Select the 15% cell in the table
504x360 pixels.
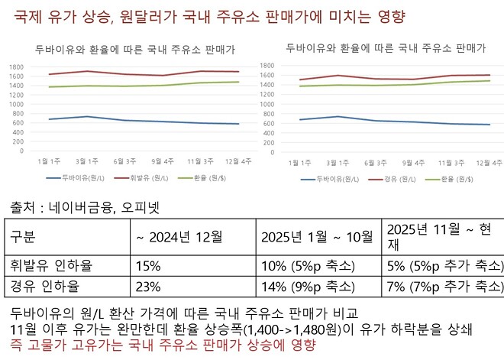[x=149, y=265]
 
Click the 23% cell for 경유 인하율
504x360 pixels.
[x=149, y=287]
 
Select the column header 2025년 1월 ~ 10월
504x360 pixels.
[x=316, y=237]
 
